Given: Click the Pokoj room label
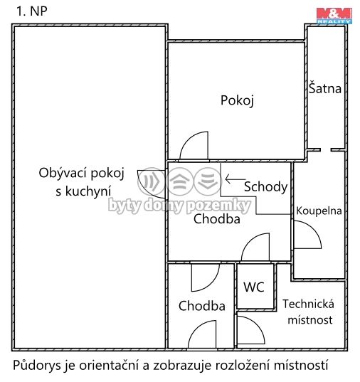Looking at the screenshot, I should pos(237,100).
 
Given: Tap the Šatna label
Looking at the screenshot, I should pos(325,89).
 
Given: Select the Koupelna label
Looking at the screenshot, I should pos(319,211).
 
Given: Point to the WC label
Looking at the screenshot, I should pos(254,287).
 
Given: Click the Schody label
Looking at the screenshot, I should pos(265,187).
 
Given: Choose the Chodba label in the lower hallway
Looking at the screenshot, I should pos(202,307).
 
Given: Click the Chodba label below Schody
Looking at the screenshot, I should pos(217,220).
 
